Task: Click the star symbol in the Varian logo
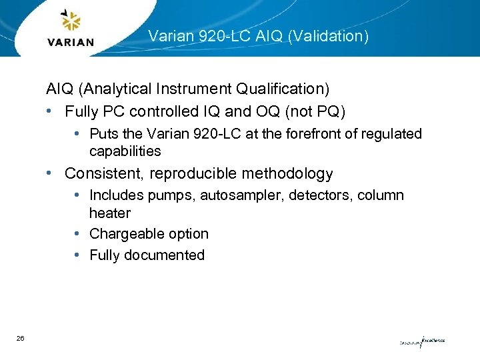point(70,21)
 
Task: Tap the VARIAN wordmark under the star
point(71,42)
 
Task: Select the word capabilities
point(125,151)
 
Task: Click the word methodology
point(290,174)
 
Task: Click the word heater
point(110,213)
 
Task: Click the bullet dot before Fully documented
point(78,255)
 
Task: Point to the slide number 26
point(21,339)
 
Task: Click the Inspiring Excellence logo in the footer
point(422,341)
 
